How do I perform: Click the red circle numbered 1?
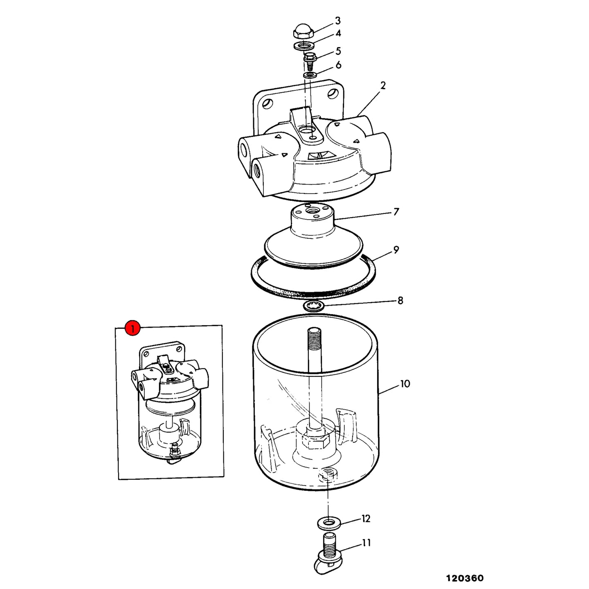tap(133, 328)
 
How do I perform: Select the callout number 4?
tap(338, 33)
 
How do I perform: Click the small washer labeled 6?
tap(310, 74)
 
